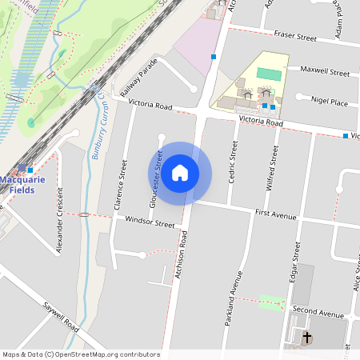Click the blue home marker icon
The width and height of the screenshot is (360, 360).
[180, 173]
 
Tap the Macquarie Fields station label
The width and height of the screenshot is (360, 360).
[22, 185]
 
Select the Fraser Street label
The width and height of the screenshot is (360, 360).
[295, 37]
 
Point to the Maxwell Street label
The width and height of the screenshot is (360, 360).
[325, 72]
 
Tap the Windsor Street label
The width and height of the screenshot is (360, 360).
[150, 222]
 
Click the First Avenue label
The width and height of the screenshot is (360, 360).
[276, 215]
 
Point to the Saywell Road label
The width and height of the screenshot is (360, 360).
[62, 318]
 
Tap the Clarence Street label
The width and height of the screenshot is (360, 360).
[121, 185]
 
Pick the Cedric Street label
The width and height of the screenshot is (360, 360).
[234, 162]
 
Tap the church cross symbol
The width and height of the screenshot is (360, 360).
[306, 338]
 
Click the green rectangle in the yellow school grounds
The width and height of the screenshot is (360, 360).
[269, 74]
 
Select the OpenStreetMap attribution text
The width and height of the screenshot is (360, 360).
[81, 354]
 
